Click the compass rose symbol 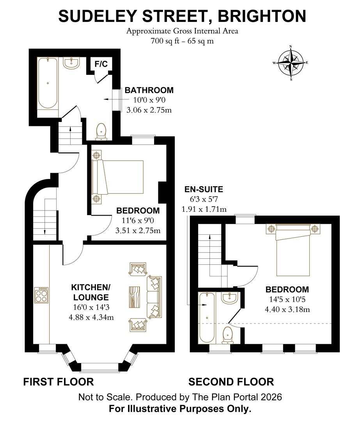pyautogui.click(x=291, y=63)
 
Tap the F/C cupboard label pyautogui.click(x=102, y=64)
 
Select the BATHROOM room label pyautogui.click(x=149, y=90)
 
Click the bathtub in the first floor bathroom pyautogui.click(x=48, y=83)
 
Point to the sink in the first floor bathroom pyautogui.click(x=71, y=63)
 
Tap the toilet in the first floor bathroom pyautogui.click(x=101, y=131)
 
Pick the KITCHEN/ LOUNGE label pyautogui.click(x=91, y=292)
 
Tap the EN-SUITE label pyautogui.click(x=204, y=190)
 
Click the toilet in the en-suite pyautogui.click(x=227, y=335)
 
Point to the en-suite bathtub pyautogui.click(x=205, y=318)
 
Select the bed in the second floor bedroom pyautogui.click(x=293, y=249)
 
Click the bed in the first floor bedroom pyautogui.click(x=117, y=177)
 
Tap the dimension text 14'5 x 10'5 pyautogui.click(x=287, y=300)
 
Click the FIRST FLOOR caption pyautogui.click(x=59, y=382)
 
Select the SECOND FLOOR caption pyautogui.click(x=231, y=382)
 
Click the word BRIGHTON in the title pyautogui.click(x=262, y=16)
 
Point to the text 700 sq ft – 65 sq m pyautogui.click(x=182, y=41)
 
